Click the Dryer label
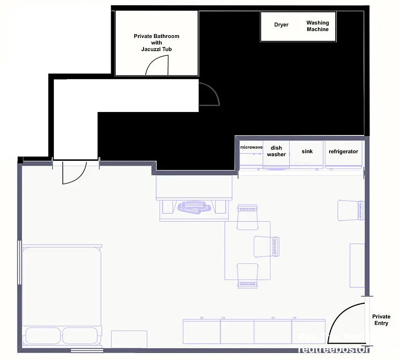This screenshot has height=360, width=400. click(x=281, y=25)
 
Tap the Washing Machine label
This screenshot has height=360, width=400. click(x=317, y=26)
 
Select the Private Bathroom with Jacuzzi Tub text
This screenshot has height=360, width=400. click(x=156, y=43)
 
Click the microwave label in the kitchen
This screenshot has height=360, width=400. click(x=251, y=147)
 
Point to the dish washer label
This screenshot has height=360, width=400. click(x=276, y=151)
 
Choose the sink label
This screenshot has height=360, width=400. click(x=307, y=151)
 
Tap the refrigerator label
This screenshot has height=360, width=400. click(x=343, y=151)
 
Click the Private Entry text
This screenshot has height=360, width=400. click(x=381, y=320)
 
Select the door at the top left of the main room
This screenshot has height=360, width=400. click(x=74, y=172)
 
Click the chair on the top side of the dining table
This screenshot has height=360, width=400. click(x=248, y=217)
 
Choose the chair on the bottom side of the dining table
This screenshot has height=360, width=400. click(x=248, y=275)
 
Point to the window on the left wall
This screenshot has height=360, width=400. click(x=19, y=262)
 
